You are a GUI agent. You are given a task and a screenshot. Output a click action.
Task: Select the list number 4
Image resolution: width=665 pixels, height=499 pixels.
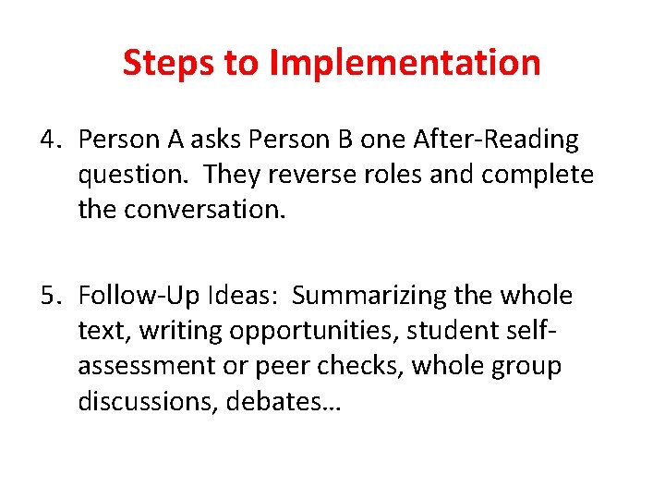pyautogui.click(x=50, y=140)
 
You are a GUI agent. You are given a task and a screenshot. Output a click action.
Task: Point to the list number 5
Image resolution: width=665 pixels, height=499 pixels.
pyautogui.click(x=50, y=296)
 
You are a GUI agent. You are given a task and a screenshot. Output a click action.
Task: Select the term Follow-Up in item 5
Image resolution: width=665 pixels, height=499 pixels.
pyautogui.click(x=129, y=296)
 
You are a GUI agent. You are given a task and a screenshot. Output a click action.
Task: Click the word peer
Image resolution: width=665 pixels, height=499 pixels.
pyautogui.click(x=275, y=365)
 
